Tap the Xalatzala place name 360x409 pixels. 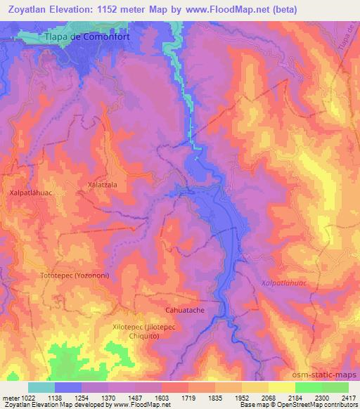pyautogui.click(x=102, y=185)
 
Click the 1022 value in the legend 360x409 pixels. pyautogui.click(x=27, y=398)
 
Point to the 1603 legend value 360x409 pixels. pyautogui.click(x=161, y=398)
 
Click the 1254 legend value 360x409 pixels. pyautogui.click(x=81, y=398)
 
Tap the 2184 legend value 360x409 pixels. pyautogui.click(x=295, y=398)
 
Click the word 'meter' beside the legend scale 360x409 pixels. pyautogui.click(x=11, y=398)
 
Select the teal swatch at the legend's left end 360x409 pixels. pyautogui.click(x=41, y=387)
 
